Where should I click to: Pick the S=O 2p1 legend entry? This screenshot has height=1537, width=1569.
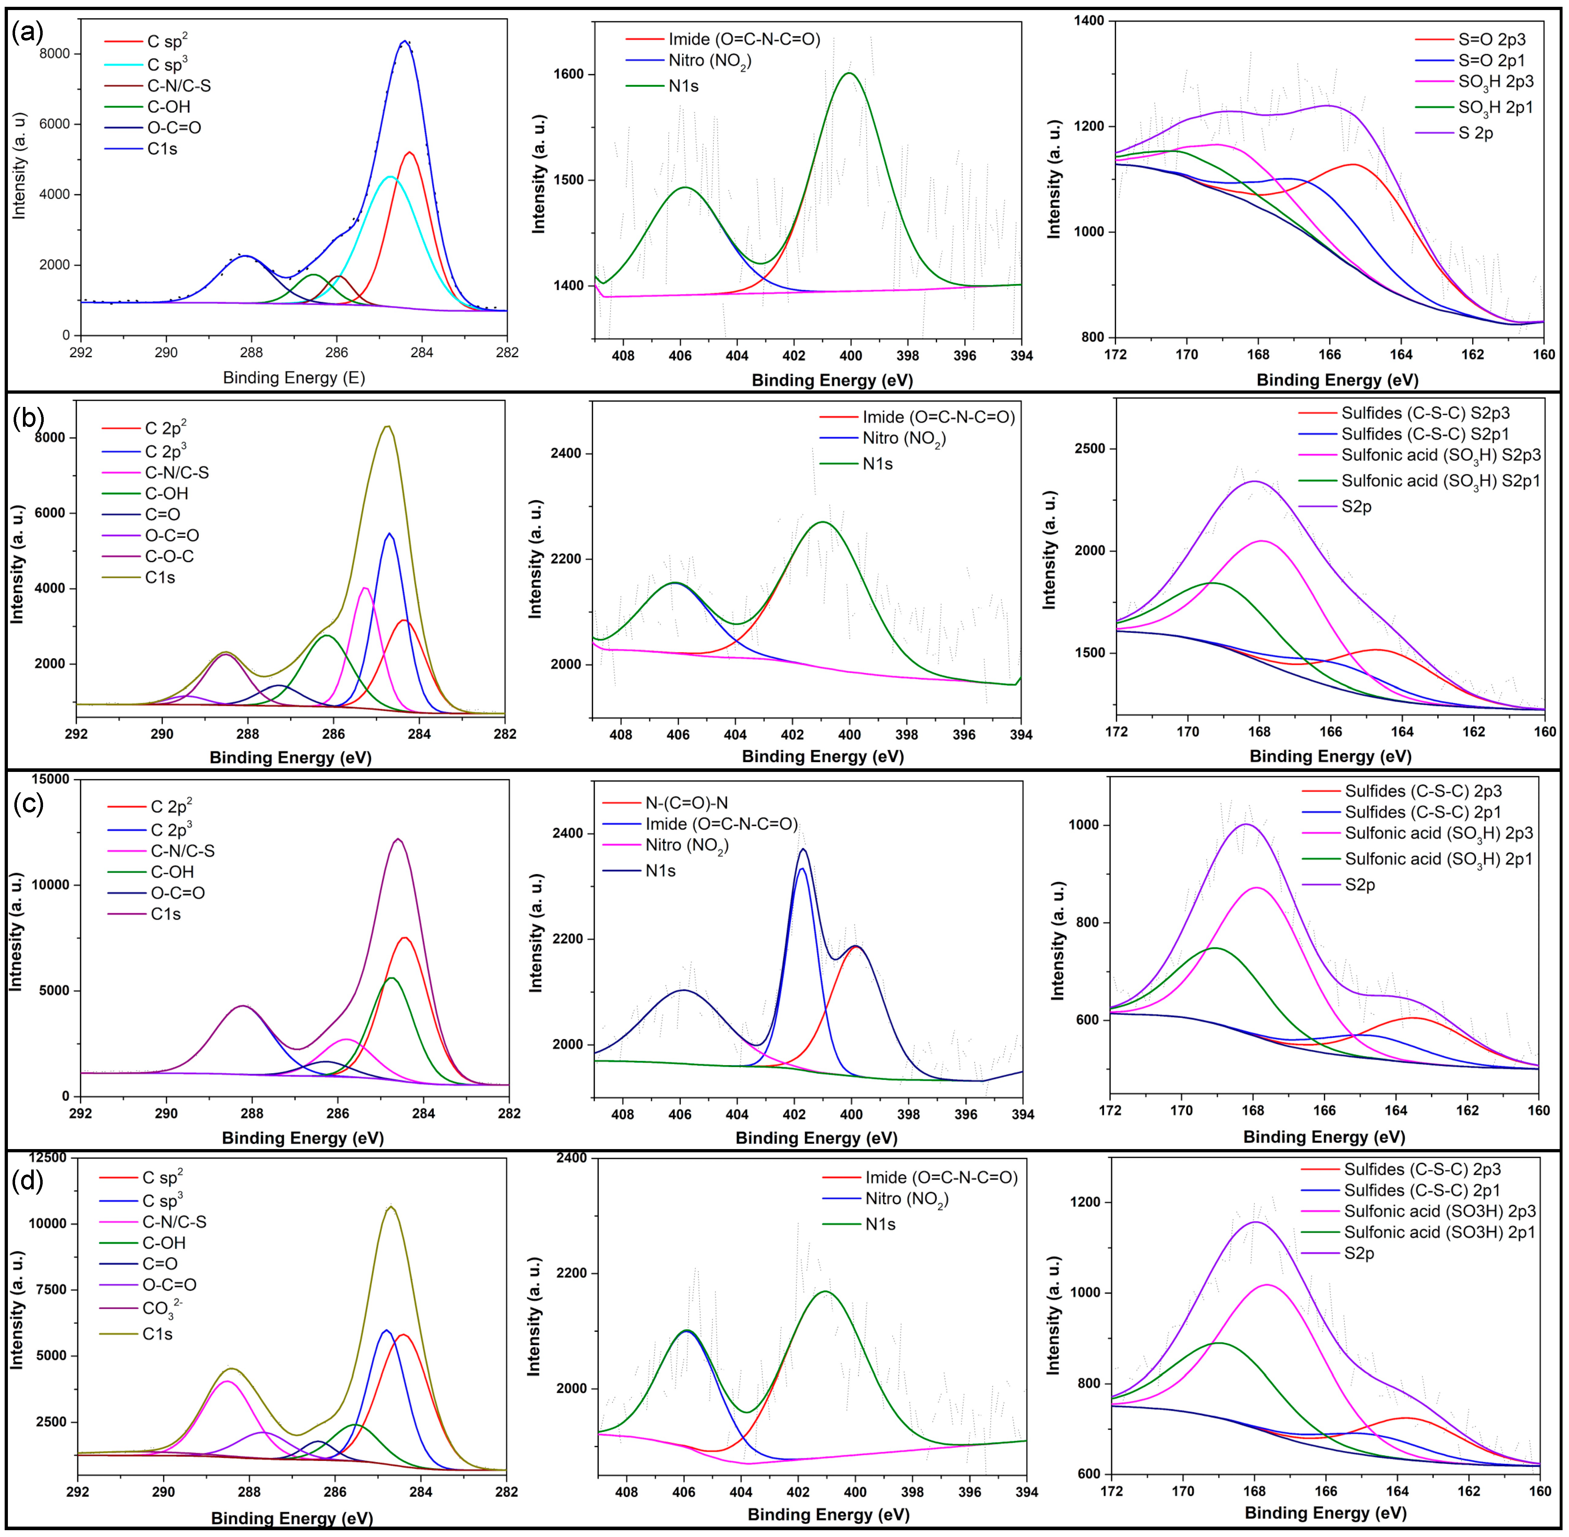(1492, 61)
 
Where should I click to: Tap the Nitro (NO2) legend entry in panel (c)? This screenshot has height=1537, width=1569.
(686, 845)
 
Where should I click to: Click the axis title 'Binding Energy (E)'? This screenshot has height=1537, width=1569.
(294, 378)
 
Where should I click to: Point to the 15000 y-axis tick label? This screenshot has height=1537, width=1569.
(50, 779)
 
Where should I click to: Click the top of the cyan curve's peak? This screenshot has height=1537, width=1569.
(390, 176)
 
